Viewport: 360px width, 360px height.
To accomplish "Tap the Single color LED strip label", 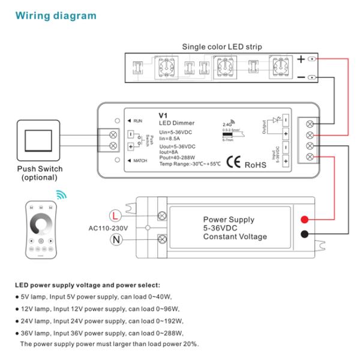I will coord(222,47).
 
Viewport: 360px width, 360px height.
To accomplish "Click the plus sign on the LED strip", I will coord(301,59).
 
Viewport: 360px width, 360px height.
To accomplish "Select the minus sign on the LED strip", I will coord(301,78).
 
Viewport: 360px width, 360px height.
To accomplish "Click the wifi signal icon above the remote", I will coord(61,195).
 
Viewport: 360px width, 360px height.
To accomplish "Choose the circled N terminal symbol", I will coord(116,240).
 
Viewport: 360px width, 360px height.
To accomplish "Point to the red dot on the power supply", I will coord(305,218).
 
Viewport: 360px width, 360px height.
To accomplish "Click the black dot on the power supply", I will coord(305,235).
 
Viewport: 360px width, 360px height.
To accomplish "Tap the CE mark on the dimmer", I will coord(233,162).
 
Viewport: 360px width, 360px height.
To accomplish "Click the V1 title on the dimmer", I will coord(163,116).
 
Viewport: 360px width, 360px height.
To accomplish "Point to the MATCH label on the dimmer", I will coord(140,161).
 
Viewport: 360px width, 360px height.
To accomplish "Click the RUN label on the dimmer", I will coord(137,121).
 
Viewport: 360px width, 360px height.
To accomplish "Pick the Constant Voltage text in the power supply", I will coord(235,236).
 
